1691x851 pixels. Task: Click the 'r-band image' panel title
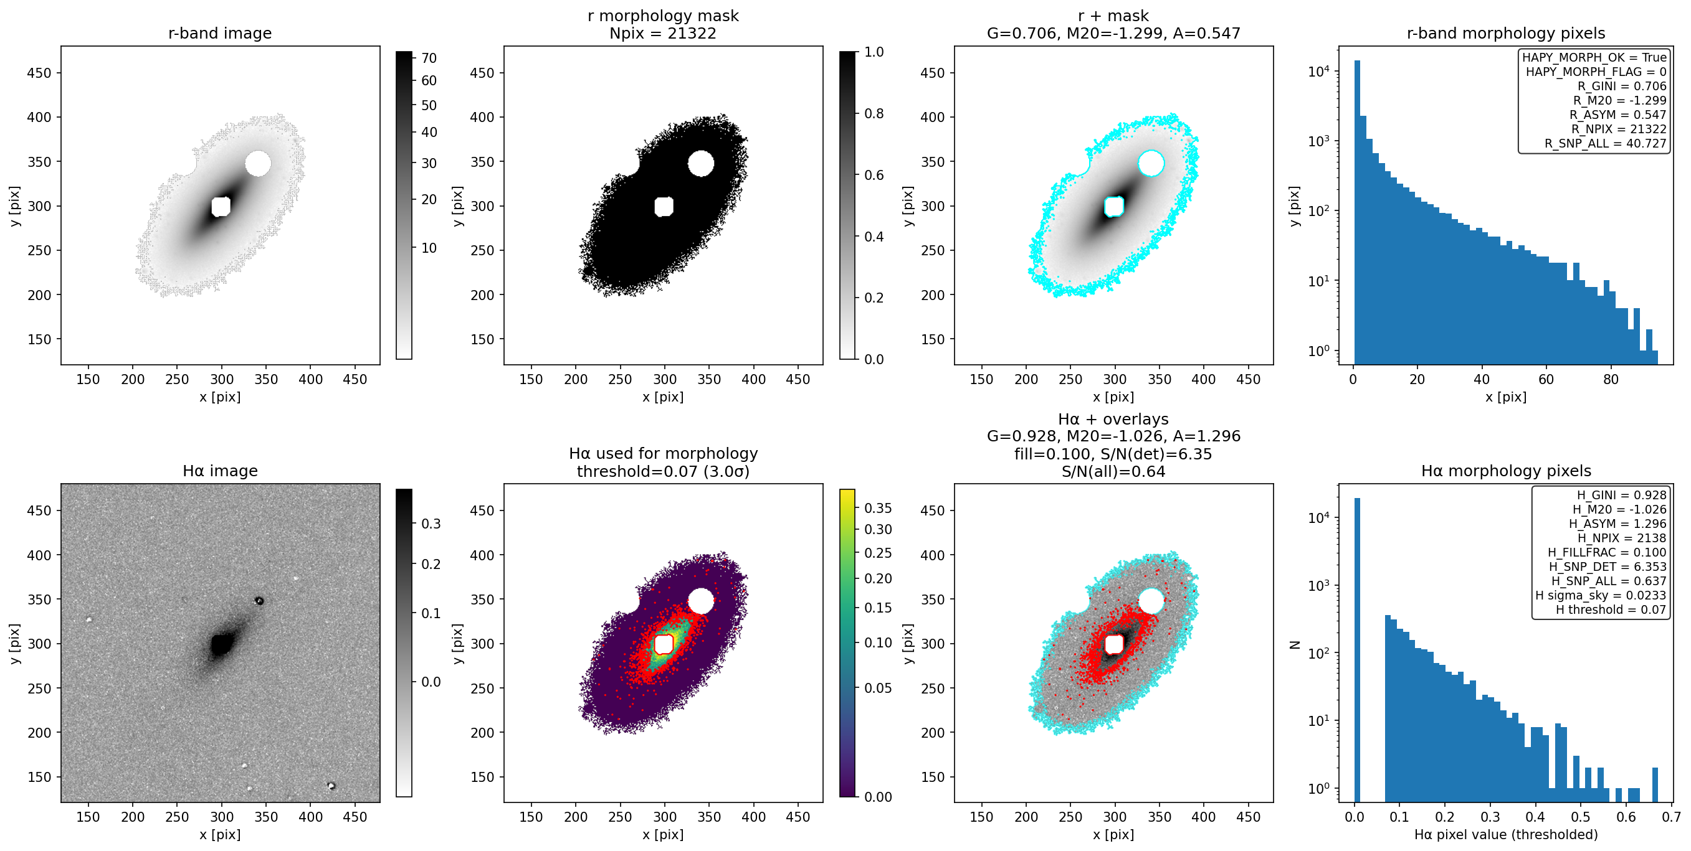coord(220,34)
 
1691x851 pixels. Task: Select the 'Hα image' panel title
coord(220,471)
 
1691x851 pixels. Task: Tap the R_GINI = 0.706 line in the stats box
coord(1622,86)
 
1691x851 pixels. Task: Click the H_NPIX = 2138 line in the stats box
coord(1621,538)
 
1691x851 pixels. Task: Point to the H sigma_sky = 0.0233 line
coord(1601,595)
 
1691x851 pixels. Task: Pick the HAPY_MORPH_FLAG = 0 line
coord(1596,72)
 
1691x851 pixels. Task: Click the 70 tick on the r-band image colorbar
coord(429,58)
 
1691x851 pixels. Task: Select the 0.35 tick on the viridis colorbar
coord(877,508)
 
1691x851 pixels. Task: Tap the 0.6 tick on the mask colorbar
coord(874,174)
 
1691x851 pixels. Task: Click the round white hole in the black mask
coord(701,163)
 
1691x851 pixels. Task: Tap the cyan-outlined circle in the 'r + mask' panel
coord(1151,163)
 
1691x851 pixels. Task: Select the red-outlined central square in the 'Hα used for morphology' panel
coord(664,644)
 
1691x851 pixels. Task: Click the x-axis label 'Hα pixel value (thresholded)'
coord(1506,835)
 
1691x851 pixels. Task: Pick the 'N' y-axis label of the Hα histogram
coord(1295,645)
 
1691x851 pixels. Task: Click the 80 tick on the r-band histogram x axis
coord(1610,379)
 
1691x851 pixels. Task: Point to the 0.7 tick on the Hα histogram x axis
coord(1671,817)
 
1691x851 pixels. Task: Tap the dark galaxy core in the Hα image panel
coord(221,644)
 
